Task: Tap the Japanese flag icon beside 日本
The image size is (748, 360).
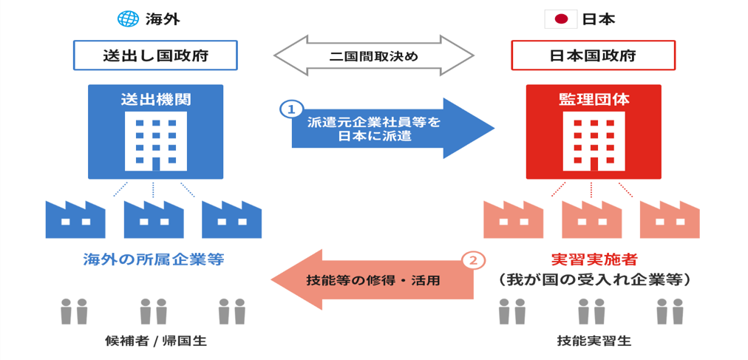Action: [560, 18]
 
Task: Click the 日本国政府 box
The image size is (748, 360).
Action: [594, 55]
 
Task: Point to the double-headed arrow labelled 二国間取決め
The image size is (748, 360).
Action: [373, 55]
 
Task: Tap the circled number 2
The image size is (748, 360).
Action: [474, 260]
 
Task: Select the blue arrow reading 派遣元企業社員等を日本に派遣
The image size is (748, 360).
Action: [384, 128]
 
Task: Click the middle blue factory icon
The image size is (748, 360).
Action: [153, 218]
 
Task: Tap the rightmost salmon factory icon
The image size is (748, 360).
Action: [670, 218]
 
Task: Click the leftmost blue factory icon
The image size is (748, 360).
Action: [75, 218]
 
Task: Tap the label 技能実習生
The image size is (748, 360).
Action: [594, 342]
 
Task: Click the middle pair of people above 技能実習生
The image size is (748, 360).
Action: [591, 310]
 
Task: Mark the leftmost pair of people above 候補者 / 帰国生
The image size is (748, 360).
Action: [74, 310]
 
